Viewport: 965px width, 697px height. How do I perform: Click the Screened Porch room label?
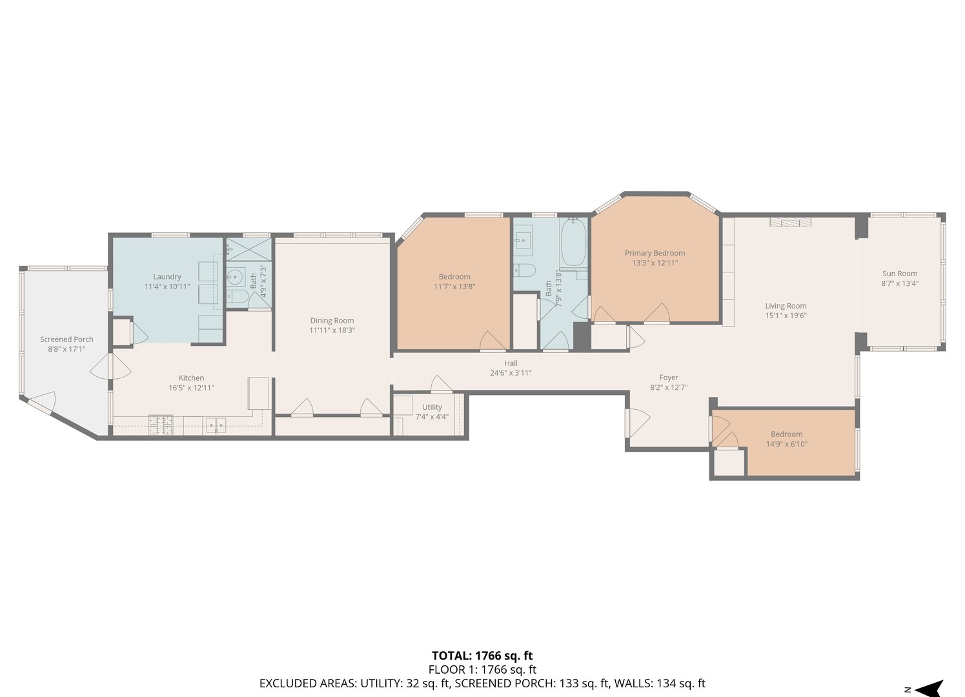pyautogui.click(x=66, y=339)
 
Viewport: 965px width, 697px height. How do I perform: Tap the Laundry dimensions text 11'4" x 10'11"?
pyautogui.click(x=167, y=287)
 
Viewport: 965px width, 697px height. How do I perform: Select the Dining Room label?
pyautogui.click(x=332, y=321)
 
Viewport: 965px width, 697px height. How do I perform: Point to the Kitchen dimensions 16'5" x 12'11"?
pyautogui.click(x=191, y=388)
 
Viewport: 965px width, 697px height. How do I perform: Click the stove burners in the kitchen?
pyautogui.click(x=161, y=424)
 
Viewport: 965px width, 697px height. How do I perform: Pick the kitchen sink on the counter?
pyautogui.click(x=216, y=424)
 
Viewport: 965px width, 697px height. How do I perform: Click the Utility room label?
pyautogui.click(x=432, y=407)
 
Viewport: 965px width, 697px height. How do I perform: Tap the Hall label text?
pyautogui.click(x=511, y=363)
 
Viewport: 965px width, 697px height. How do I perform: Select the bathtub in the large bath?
pyautogui.click(x=573, y=243)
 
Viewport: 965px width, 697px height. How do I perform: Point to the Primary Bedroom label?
pyautogui.click(x=655, y=253)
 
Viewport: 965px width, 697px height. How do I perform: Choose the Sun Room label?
pyautogui.click(x=899, y=274)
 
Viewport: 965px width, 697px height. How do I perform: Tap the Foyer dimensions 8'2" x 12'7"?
pyautogui.click(x=669, y=388)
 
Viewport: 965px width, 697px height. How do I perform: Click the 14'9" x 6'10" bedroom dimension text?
pyautogui.click(x=786, y=444)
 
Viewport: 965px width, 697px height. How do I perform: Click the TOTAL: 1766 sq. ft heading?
pyautogui.click(x=482, y=656)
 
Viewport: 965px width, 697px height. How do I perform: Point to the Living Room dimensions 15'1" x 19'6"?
pyautogui.click(x=786, y=316)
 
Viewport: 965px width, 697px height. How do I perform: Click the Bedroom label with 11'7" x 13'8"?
pyautogui.click(x=454, y=277)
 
